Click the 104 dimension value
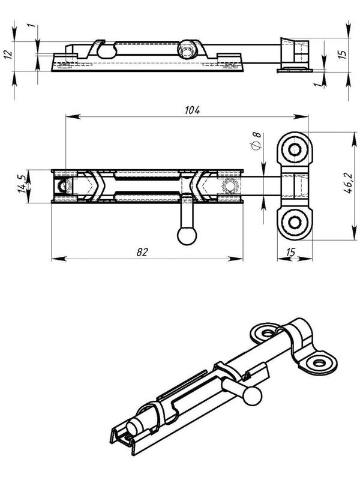pyautogui.click(x=192, y=110)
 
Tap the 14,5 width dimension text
pyautogui.click(x=22, y=184)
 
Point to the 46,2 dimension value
pyautogui.click(x=348, y=183)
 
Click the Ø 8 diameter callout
pyautogui.click(x=257, y=141)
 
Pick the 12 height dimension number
pyautogui.click(x=8, y=53)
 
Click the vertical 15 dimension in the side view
pyautogui.click(x=343, y=53)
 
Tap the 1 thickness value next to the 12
pyautogui.click(x=32, y=25)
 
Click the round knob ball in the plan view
pyautogui.click(x=187, y=236)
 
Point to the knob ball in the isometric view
pyautogui.click(x=253, y=397)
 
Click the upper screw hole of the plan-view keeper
pyautogui.click(x=295, y=149)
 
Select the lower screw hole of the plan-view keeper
pyautogui.click(x=295, y=223)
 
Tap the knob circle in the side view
pyautogui.click(x=187, y=49)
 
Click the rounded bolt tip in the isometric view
pyautogui.click(x=133, y=427)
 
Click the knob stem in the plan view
pyautogui.click(x=187, y=213)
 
